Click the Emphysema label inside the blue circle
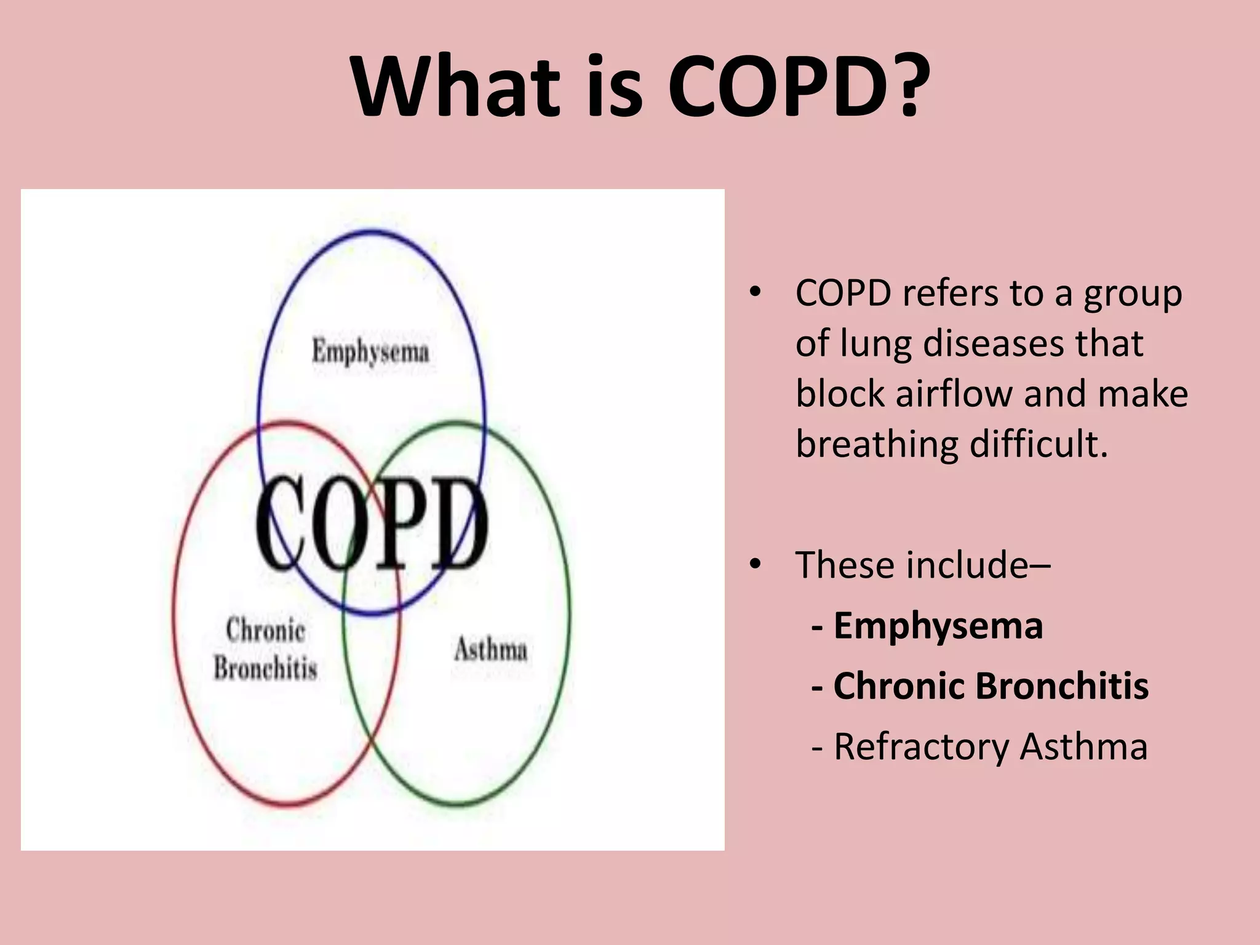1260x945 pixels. pyautogui.click(x=370, y=352)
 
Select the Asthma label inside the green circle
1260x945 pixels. pyautogui.click(x=491, y=650)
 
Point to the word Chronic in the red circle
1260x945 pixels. pyautogui.click(x=266, y=630)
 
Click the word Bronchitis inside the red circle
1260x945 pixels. pyautogui.click(x=266, y=668)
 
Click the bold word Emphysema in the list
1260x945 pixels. pyautogui.click(x=938, y=626)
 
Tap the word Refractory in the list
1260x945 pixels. pyautogui.click(x=920, y=747)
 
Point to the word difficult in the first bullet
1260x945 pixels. pyautogui.click(x=1038, y=444)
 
